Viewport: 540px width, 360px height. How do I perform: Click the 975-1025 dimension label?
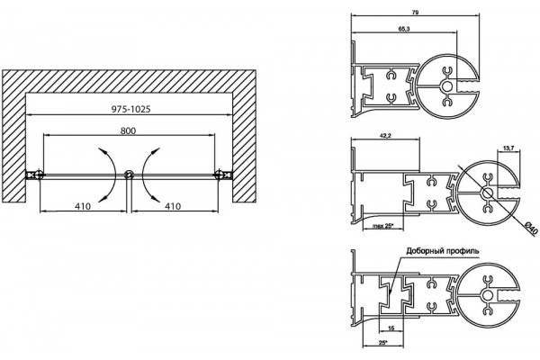pos(130,109)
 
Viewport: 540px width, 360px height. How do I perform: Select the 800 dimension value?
pos(128,130)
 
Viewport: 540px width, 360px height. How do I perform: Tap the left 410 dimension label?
pos(83,206)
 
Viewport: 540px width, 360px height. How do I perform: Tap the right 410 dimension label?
pos(173,206)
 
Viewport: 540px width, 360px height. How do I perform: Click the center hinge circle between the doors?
pos(129,175)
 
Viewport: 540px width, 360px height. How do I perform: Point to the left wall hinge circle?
pos(39,175)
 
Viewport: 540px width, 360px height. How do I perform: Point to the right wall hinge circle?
pos(219,175)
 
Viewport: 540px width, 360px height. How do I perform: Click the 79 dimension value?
pos(415,12)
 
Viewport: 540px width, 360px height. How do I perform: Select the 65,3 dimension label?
pos(404,29)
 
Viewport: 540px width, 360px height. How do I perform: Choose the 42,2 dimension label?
pos(385,135)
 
